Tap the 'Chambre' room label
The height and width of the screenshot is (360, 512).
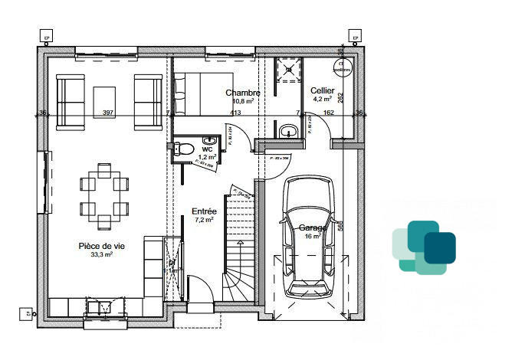pyautogui.click(x=242, y=93)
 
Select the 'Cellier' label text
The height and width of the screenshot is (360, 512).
pyautogui.click(x=322, y=90)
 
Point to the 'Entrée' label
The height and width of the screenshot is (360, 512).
pyautogui.click(x=205, y=211)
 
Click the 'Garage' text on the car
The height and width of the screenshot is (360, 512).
pyautogui.click(x=313, y=227)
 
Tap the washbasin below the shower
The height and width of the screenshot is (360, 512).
pyautogui.click(x=289, y=132)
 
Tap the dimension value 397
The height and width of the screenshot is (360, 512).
pyautogui.click(x=107, y=113)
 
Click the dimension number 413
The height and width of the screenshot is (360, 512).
pyautogui.click(x=235, y=113)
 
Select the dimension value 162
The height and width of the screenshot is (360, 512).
pyautogui.click(x=328, y=113)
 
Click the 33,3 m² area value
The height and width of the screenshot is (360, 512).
pyautogui.click(x=101, y=254)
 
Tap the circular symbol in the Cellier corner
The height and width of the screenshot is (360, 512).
pyautogui.click(x=343, y=67)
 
